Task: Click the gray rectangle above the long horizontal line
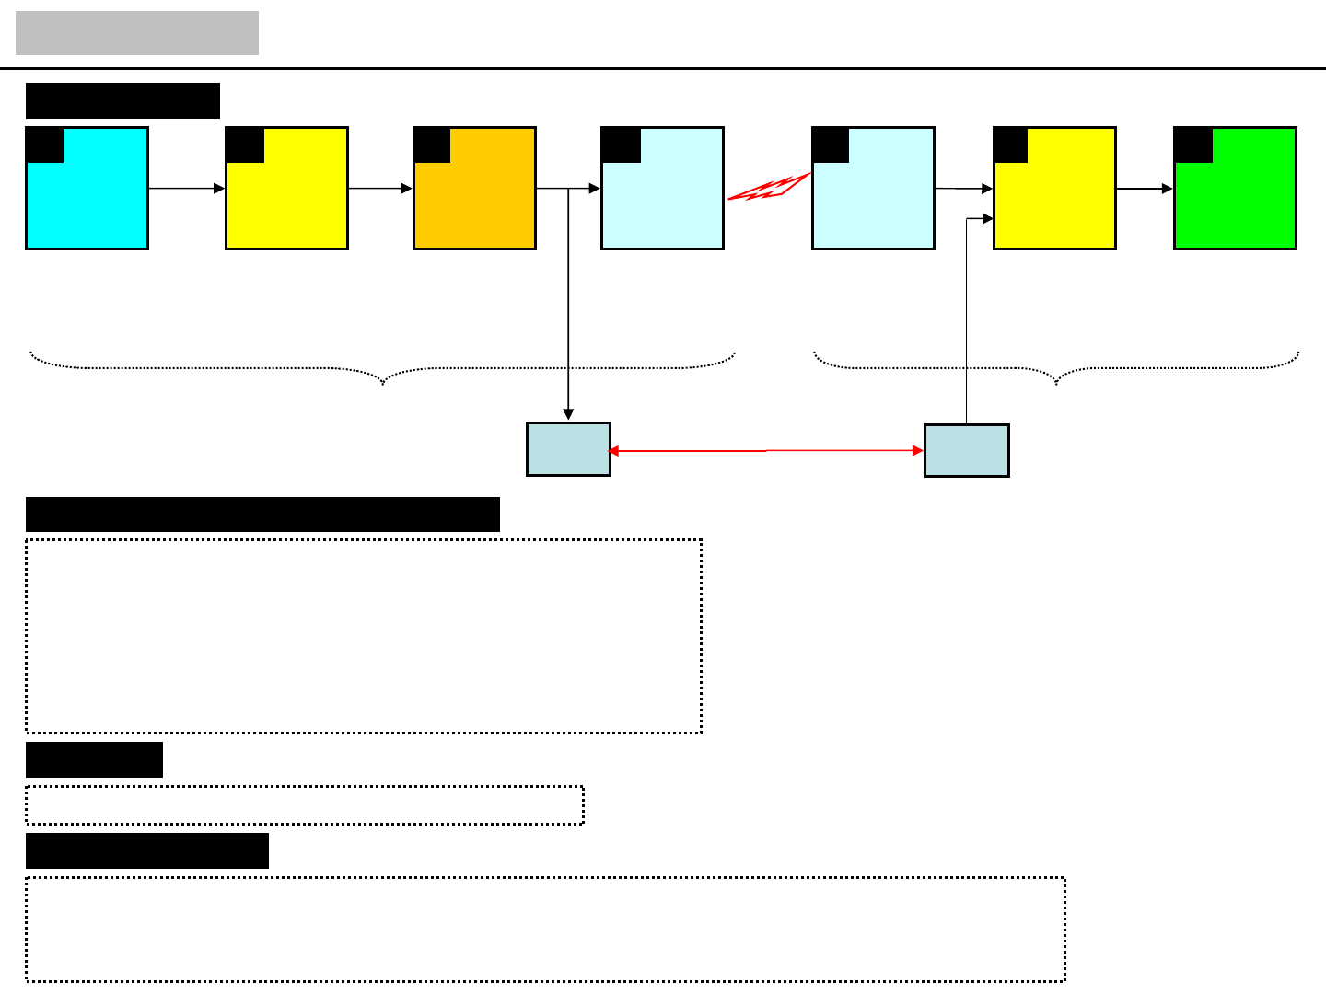(x=137, y=33)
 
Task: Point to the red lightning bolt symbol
(x=768, y=188)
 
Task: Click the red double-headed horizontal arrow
(x=766, y=451)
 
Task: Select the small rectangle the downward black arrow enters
(x=568, y=449)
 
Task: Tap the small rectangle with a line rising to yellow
(x=967, y=450)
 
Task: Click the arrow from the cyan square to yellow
(x=187, y=189)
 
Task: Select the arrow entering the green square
(x=1145, y=189)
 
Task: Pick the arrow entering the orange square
(x=380, y=189)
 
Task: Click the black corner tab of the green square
(x=1193, y=145)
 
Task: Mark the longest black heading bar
(x=262, y=514)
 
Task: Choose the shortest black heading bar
(x=94, y=760)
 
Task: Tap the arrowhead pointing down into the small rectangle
(x=569, y=414)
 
